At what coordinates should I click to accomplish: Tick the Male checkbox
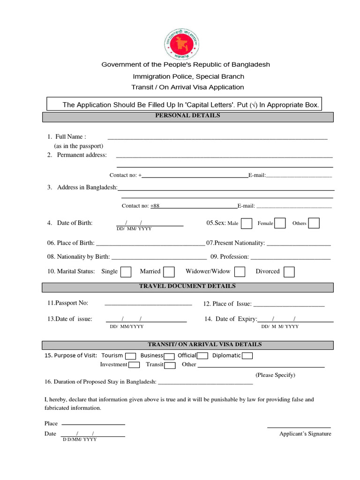click(247, 223)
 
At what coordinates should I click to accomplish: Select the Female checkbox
click(280, 223)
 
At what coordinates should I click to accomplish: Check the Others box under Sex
click(314, 223)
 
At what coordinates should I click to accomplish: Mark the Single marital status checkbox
click(126, 272)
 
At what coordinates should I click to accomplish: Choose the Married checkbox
click(169, 272)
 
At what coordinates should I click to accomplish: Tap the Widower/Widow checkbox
click(240, 272)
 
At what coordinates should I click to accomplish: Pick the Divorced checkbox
click(289, 272)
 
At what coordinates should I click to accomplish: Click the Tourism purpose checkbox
click(131, 356)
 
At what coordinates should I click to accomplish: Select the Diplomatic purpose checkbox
click(247, 356)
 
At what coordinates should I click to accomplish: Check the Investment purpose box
click(134, 365)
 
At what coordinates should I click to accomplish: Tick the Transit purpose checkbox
click(170, 365)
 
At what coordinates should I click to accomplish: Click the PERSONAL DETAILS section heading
click(187, 115)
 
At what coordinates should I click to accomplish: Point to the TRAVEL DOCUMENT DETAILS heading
click(187, 286)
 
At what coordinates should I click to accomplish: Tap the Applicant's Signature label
click(305, 434)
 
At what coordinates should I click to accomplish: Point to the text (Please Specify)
click(275, 375)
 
